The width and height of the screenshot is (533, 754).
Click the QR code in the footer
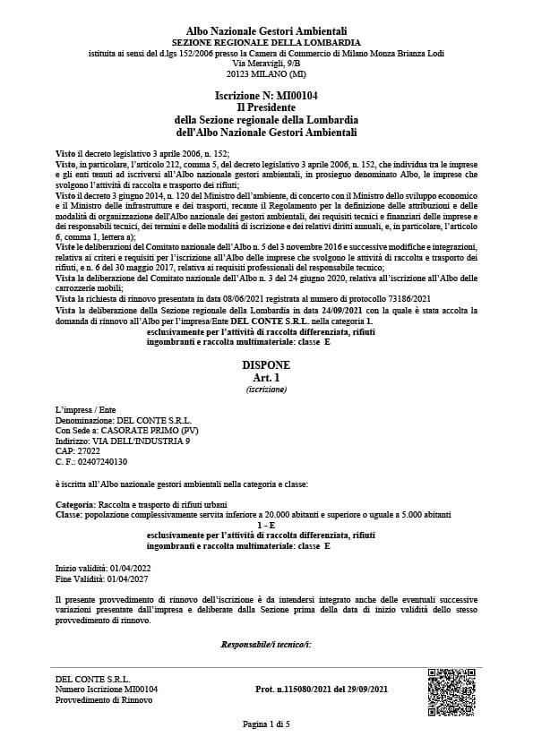(451, 690)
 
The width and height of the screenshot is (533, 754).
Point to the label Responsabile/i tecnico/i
(266, 644)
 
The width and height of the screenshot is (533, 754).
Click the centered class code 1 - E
(266, 526)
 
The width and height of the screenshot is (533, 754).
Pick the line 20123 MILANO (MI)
(266, 75)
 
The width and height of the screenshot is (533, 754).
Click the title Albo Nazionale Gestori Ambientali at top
(266, 31)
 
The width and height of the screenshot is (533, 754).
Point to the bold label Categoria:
(75, 505)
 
